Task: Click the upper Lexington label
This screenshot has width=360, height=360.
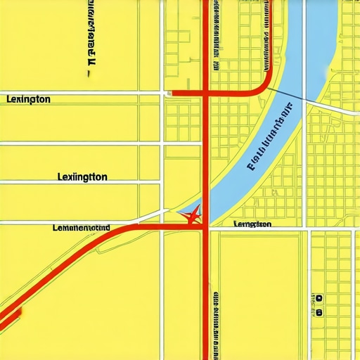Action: [28, 99]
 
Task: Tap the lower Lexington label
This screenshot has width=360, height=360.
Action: [82, 177]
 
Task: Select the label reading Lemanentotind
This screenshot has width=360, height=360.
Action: [82, 228]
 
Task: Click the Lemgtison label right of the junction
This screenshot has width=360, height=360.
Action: [252, 224]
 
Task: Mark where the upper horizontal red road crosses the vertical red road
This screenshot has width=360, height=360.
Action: [205, 92]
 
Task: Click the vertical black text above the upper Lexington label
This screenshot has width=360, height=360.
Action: [91, 32]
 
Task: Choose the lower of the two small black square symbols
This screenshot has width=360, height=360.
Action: [319, 311]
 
